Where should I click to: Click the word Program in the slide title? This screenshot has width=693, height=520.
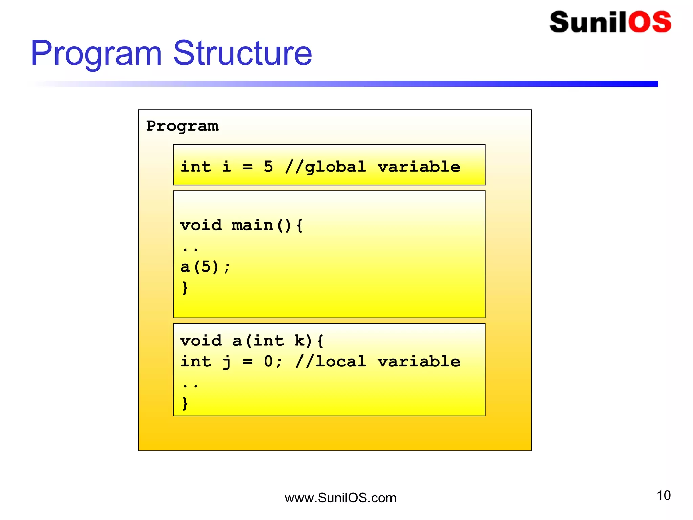pyautogui.click(x=96, y=53)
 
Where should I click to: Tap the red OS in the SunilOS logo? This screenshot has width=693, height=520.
pyautogui.click(x=649, y=22)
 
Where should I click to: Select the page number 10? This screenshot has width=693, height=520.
pyautogui.click(x=663, y=495)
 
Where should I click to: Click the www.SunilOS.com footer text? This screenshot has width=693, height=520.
pyautogui.click(x=340, y=498)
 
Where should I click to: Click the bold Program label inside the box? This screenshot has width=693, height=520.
pyautogui.click(x=182, y=126)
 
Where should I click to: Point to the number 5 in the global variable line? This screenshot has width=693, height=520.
pyautogui.click(x=268, y=167)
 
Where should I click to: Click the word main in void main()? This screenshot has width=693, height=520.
pyautogui.click(x=252, y=225)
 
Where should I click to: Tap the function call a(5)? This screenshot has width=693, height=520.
pyautogui.click(x=205, y=267)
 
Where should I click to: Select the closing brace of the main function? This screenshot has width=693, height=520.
pyautogui.click(x=185, y=288)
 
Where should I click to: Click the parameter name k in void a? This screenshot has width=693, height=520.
pyautogui.click(x=299, y=341)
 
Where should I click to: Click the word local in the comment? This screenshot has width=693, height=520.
pyautogui.click(x=340, y=362)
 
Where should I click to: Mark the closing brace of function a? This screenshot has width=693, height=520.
pyautogui.click(x=185, y=403)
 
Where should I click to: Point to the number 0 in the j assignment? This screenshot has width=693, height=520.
pyautogui.click(x=268, y=362)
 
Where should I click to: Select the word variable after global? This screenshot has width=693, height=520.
pyautogui.click(x=419, y=167)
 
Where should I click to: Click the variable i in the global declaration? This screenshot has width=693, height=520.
pyautogui.click(x=227, y=167)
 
